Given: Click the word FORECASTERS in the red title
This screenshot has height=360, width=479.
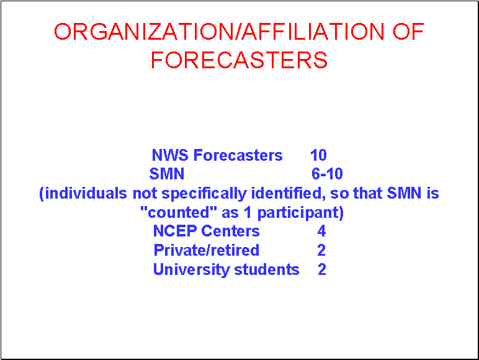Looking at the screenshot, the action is (x=239, y=60).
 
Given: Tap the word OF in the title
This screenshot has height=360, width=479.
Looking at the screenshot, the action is (x=408, y=32).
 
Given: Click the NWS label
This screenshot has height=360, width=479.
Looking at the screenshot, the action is (x=170, y=155).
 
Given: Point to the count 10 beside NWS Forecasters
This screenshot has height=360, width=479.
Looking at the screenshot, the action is (x=318, y=155).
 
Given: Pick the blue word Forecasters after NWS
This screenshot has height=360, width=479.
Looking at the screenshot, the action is (x=238, y=155).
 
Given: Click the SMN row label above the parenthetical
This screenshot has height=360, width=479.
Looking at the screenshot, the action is (x=167, y=174).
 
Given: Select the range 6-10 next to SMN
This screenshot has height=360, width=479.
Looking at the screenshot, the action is (x=327, y=174).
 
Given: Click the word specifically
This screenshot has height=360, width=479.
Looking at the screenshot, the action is (x=204, y=194).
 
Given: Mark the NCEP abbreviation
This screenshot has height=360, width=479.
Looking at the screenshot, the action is (x=174, y=231).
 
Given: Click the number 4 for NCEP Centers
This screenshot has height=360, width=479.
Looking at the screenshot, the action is (x=321, y=231).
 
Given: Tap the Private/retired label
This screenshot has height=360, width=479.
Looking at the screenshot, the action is (x=206, y=250).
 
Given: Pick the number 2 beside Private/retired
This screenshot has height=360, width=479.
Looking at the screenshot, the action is (x=321, y=250).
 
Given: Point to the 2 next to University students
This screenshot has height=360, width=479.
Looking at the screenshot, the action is (x=322, y=269).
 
